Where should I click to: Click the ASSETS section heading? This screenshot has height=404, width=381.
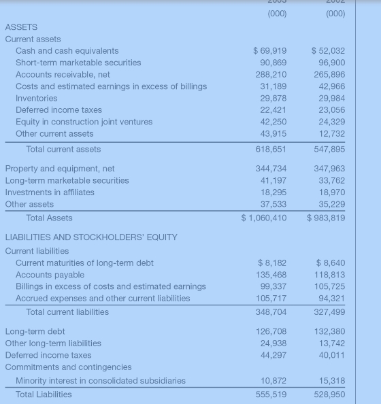pyautogui.click(x=21, y=27)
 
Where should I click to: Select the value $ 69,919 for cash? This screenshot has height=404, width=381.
pyautogui.click(x=269, y=51)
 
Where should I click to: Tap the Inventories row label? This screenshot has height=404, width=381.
pyautogui.click(x=36, y=98)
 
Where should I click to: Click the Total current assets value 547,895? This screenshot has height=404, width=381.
pyautogui.click(x=328, y=149)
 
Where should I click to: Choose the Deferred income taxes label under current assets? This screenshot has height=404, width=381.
pyautogui.click(x=59, y=110)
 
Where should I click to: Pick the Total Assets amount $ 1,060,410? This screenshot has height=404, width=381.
pyautogui.click(x=264, y=218)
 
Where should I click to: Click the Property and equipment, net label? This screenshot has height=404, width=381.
pyautogui.click(x=60, y=169)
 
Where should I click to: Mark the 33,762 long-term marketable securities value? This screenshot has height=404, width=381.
pyautogui.click(x=331, y=180)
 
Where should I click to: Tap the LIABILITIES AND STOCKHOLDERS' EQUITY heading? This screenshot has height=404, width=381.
pyautogui.click(x=91, y=237)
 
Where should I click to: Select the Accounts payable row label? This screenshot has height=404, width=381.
pyautogui.click(x=50, y=275)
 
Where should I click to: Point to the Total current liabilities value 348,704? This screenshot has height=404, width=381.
pyautogui.click(x=270, y=312)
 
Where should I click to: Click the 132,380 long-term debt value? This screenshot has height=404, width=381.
pyautogui.click(x=331, y=332)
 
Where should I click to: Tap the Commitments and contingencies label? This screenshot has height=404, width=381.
pyautogui.click(x=68, y=367)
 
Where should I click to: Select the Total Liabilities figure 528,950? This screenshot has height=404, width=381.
pyautogui.click(x=328, y=394)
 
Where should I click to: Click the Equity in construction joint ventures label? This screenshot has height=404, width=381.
pyautogui.click(x=84, y=122)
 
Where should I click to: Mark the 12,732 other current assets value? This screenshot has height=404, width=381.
pyautogui.click(x=331, y=133)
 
